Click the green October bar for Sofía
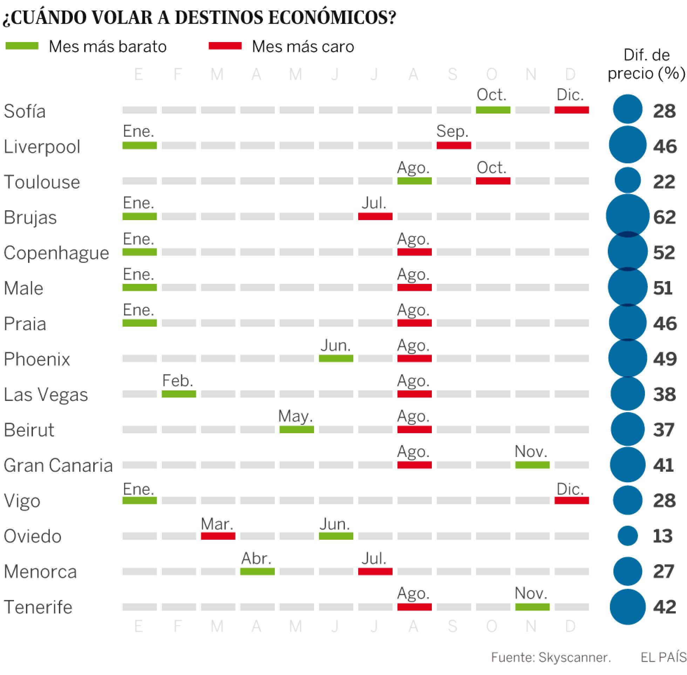[493, 110]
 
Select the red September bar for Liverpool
[454, 145]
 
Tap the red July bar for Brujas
[375, 216]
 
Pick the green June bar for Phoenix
[336, 359]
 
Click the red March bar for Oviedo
[218, 536]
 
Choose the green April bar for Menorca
[257, 572]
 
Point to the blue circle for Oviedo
[628, 536]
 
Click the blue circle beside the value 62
[628, 216]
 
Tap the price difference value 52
[664, 253]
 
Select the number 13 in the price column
[662, 536]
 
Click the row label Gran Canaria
[58, 465]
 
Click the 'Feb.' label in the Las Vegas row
[178, 381]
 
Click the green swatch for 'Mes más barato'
[22, 46]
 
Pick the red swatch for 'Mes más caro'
[225, 46]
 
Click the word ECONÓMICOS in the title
[332, 18]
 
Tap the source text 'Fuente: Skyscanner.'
[551, 657]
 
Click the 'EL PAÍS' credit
[664, 657]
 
